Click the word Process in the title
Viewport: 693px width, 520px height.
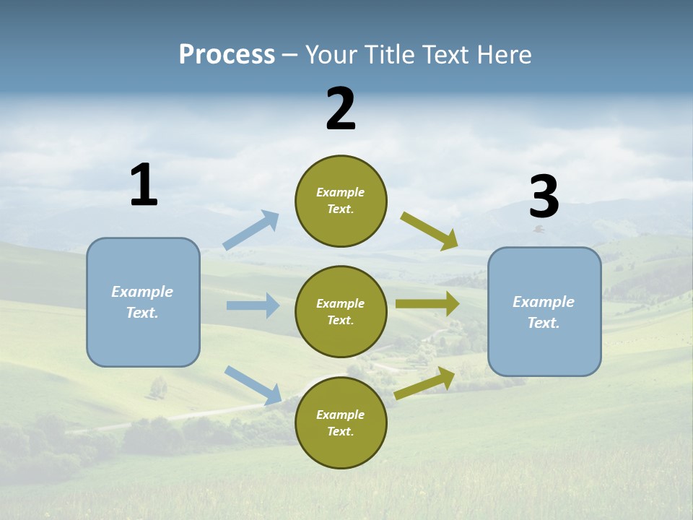pyautogui.click(x=227, y=55)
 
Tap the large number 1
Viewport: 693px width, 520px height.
pyautogui.click(x=144, y=186)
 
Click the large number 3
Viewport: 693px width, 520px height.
pyautogui.click(x=544, y=197)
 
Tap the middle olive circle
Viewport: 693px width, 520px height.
pyautogui.click(x=341, y=312)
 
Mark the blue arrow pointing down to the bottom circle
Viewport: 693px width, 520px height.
pyautogui.click(x=253, y=385)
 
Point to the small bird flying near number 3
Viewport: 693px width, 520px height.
pyautogui.click(x=539, y=229)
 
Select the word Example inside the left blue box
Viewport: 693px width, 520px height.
pyautogui.click(x=142, y=292)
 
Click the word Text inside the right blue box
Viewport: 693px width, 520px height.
pyautogui.click(x=543, y=323)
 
